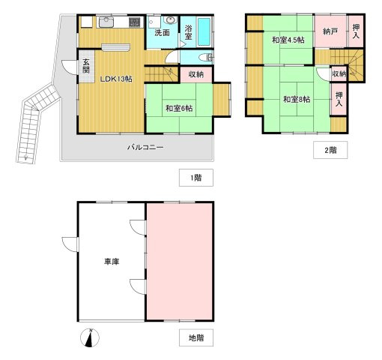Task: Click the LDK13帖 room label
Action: pyautogui.click(x=116, y=79)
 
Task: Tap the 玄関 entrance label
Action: pyautogui.click(x=86, y=66)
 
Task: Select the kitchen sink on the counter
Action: pyautogui.click(x=106, y=22)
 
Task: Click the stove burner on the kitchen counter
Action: pyautogui.click(x=135, y=22)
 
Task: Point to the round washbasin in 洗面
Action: pyautogui.click(x=171, y=20)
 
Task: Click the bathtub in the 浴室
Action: pyautogui.click(x=204, y=31)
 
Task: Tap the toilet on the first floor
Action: pyautogui.click(x=207, y=58)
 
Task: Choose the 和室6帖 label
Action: pyautogui.click(x=179, y=108)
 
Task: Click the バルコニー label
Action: pyautogui.click(x=145, y=147)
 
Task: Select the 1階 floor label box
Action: pyautogui.click(x=196, y=178)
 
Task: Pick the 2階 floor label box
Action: pyautogui.click(x=330, y=150)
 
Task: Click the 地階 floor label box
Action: pyautogui.click(x=196, y=337)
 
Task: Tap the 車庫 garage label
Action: pyautogui.click(x=112, y=262)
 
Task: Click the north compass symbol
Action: pyautogui.click(x=90, y=337)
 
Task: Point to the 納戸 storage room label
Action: pyautogui.click(x=330, y=31)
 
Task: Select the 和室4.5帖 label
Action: pyautogui.click(x=288, y=40)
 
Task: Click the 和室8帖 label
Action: pyautogui.click(x=297, y=99)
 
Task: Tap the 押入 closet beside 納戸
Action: pyautogui.click(x=356, y=31)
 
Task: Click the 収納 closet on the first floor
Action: pyautogui.click(x=196, y=74)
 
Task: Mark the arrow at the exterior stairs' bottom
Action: pyautogui.click(x=25, y=157)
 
